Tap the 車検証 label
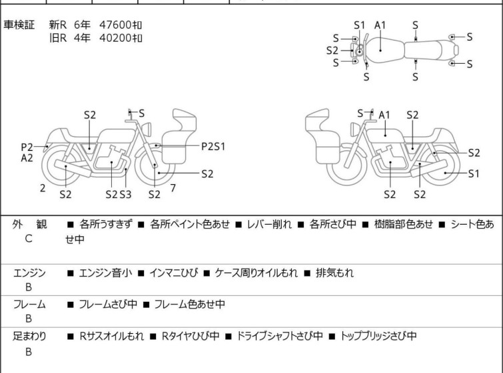(x=19, y=25)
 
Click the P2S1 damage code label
(x=213, y=146)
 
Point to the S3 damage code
(x=125, y=194)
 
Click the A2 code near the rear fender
(x=27, y=158)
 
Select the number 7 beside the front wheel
(x=173, y=188)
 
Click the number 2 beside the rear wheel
(x=43, y=188)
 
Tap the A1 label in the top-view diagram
(x=380, y=25)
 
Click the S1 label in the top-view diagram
(x=360, y=25)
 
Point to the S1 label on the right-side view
(x=474, y=174)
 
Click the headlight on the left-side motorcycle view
(x=147, y=129)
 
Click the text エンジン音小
(x=105, y=273)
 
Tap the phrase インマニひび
(x=173, y=273)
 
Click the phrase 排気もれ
(x=334, y=273)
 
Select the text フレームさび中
(x=108, y=304)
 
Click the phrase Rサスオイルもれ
(x=112, y=336)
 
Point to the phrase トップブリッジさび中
(x=378, y=336)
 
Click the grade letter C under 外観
(x=29, y=239)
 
